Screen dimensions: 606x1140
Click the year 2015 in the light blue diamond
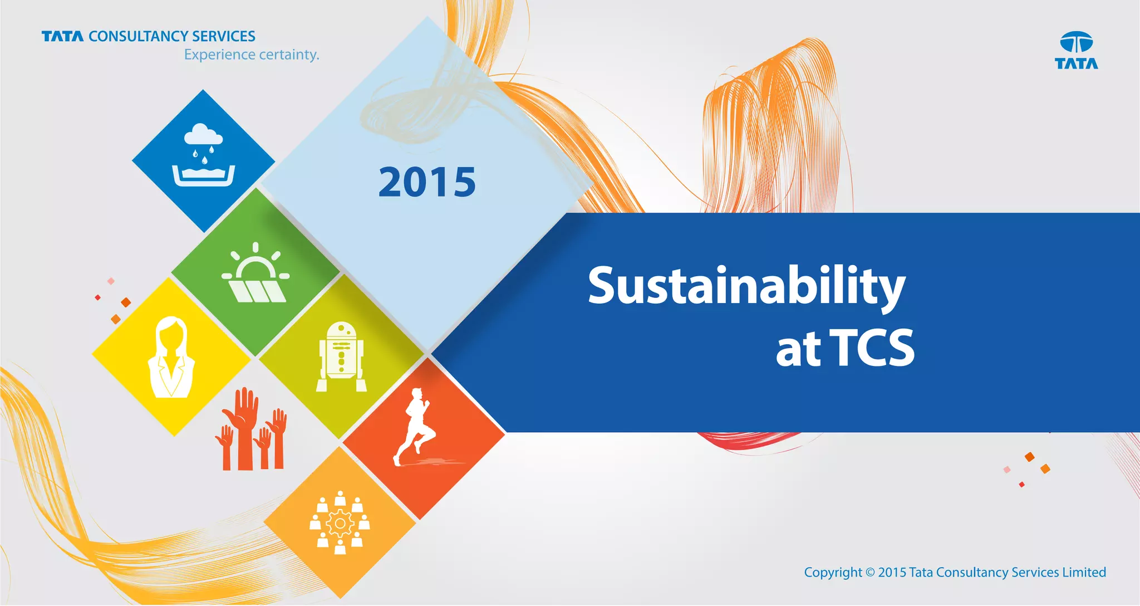(x=427, y=182)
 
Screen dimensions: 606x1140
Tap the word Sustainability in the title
(x=746, y=286)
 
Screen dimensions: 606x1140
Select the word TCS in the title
(x=872, y=348)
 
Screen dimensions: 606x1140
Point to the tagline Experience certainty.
(x=252, y=55)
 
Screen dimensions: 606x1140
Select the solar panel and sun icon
(x=255, y=274)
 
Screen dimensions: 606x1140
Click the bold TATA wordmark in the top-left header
(x=62, y=37)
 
